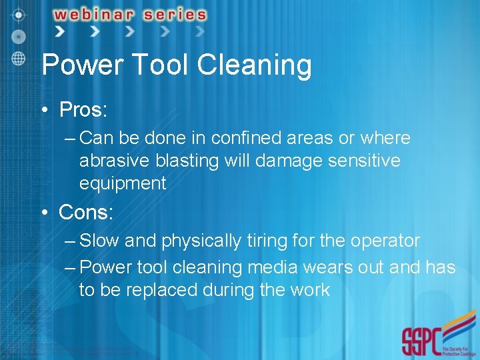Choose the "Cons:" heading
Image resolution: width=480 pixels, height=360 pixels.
tap(86, 212)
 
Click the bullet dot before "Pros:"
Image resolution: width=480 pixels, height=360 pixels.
tap(45, 109)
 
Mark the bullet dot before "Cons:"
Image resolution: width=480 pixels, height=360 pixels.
tap(45, 213)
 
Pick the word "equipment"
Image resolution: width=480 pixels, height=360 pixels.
tap(123, 183)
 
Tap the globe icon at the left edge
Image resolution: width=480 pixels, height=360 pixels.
tap(19, 57)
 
